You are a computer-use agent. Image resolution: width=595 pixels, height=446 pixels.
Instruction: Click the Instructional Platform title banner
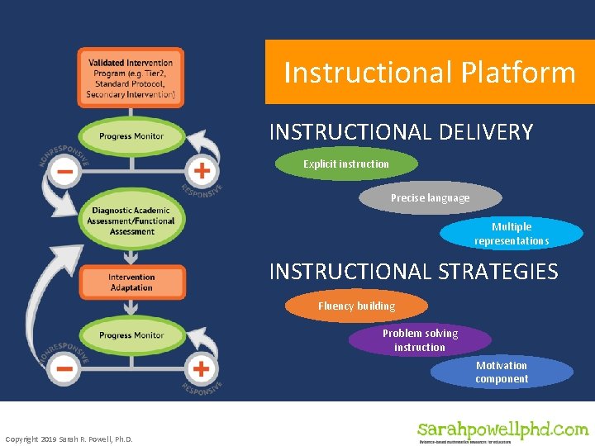(x=430, y=72)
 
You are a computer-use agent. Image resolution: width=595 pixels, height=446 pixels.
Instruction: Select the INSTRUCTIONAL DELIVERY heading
(x=401, y=132)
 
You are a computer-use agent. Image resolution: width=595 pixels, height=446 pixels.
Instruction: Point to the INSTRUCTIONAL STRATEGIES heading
(x=413, y=272)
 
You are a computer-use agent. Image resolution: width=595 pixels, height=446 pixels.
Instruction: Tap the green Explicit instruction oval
(x=346, y=164)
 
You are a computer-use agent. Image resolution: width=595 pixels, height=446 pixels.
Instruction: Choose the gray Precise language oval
(x=430, y=198)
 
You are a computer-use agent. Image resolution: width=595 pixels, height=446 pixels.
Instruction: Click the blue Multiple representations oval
(x=512, y=233)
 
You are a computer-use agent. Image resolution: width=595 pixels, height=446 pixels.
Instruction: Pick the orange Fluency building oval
(x=357, y=306)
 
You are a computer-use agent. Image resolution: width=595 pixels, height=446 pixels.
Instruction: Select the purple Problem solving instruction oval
(x=420, y=339)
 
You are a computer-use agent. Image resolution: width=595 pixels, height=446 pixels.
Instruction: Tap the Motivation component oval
(x=502, y=372)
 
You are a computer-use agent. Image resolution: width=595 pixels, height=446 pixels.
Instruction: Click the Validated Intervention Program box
(x=131, y=78)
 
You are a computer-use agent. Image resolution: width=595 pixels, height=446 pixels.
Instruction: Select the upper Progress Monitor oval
(x=131, y=136)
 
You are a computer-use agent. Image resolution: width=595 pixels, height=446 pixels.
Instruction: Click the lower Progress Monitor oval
(x=131, y=335)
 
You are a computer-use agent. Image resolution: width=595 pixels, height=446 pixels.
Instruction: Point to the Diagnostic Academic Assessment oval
(x=131, y=221)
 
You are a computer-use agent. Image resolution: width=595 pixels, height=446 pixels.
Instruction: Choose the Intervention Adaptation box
(x=131, y=282)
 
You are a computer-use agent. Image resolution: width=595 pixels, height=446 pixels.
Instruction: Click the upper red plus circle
(x=202, y=172)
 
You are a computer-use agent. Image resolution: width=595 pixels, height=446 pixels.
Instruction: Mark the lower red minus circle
(x=64, y=368)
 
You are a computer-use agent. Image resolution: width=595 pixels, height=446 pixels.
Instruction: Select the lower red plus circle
(x=201, y=368)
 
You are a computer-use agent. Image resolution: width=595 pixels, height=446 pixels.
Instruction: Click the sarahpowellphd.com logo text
(x=502, y=429)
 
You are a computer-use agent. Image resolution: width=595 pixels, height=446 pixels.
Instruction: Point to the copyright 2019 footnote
(x=69, y=439)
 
